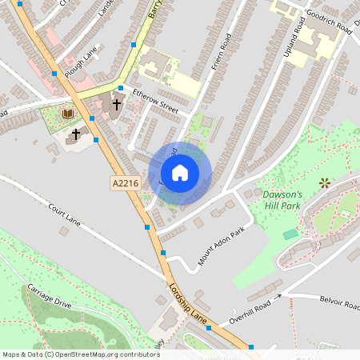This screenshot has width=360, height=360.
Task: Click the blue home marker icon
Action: pyautogui.click(x=180, y=172)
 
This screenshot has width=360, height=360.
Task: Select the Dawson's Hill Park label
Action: pyautogui.click(x=282, y=200)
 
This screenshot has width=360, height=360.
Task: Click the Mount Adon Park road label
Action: pyautogui.click(x=220, y=245)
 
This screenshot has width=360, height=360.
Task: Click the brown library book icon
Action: pyautogui.click(x=67, y=114)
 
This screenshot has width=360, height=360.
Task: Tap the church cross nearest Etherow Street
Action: pyautogui.click(x=117, y=104)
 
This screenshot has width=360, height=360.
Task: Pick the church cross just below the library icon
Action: pyautogui.click(x=76, y=134)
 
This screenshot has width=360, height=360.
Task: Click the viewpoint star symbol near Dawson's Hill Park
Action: pyautogui.click(x=325, y=183)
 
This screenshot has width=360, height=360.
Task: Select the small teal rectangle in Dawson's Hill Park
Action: pyautogui.click(x=290, y=234)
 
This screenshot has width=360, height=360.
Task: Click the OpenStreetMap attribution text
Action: pyautogui.click(x=81, y=354)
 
